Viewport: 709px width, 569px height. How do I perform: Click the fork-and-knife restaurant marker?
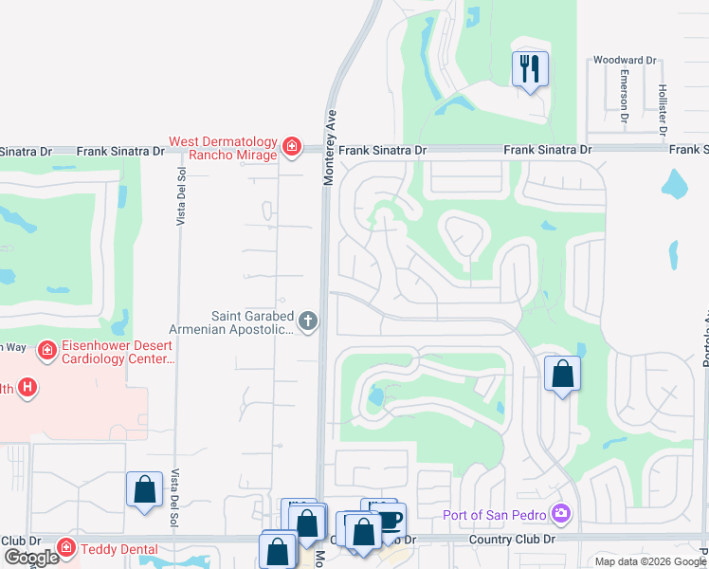coord(529,69)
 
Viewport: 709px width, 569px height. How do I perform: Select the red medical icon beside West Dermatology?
coord(292,147)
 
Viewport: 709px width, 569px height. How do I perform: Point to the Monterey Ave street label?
coord(329,147)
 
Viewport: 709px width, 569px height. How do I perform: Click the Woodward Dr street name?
coord(624,60)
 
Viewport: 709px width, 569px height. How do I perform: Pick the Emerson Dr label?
coord(625,95)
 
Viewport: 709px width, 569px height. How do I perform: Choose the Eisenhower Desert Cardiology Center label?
coord(118,353)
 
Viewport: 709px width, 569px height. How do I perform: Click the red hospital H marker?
coord(28,387)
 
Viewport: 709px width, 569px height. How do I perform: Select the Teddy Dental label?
coord(118,547)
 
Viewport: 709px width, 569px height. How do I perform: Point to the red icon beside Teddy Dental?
coord(65,547)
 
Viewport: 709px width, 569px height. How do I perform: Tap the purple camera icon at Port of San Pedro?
coord(562,514)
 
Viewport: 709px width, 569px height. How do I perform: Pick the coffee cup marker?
coord(390,520)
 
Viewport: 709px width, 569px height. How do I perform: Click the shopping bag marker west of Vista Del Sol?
coord(144,490)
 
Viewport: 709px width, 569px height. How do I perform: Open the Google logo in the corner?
coord(31,558)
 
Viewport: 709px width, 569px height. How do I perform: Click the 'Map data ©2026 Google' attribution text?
coord(650,561)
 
